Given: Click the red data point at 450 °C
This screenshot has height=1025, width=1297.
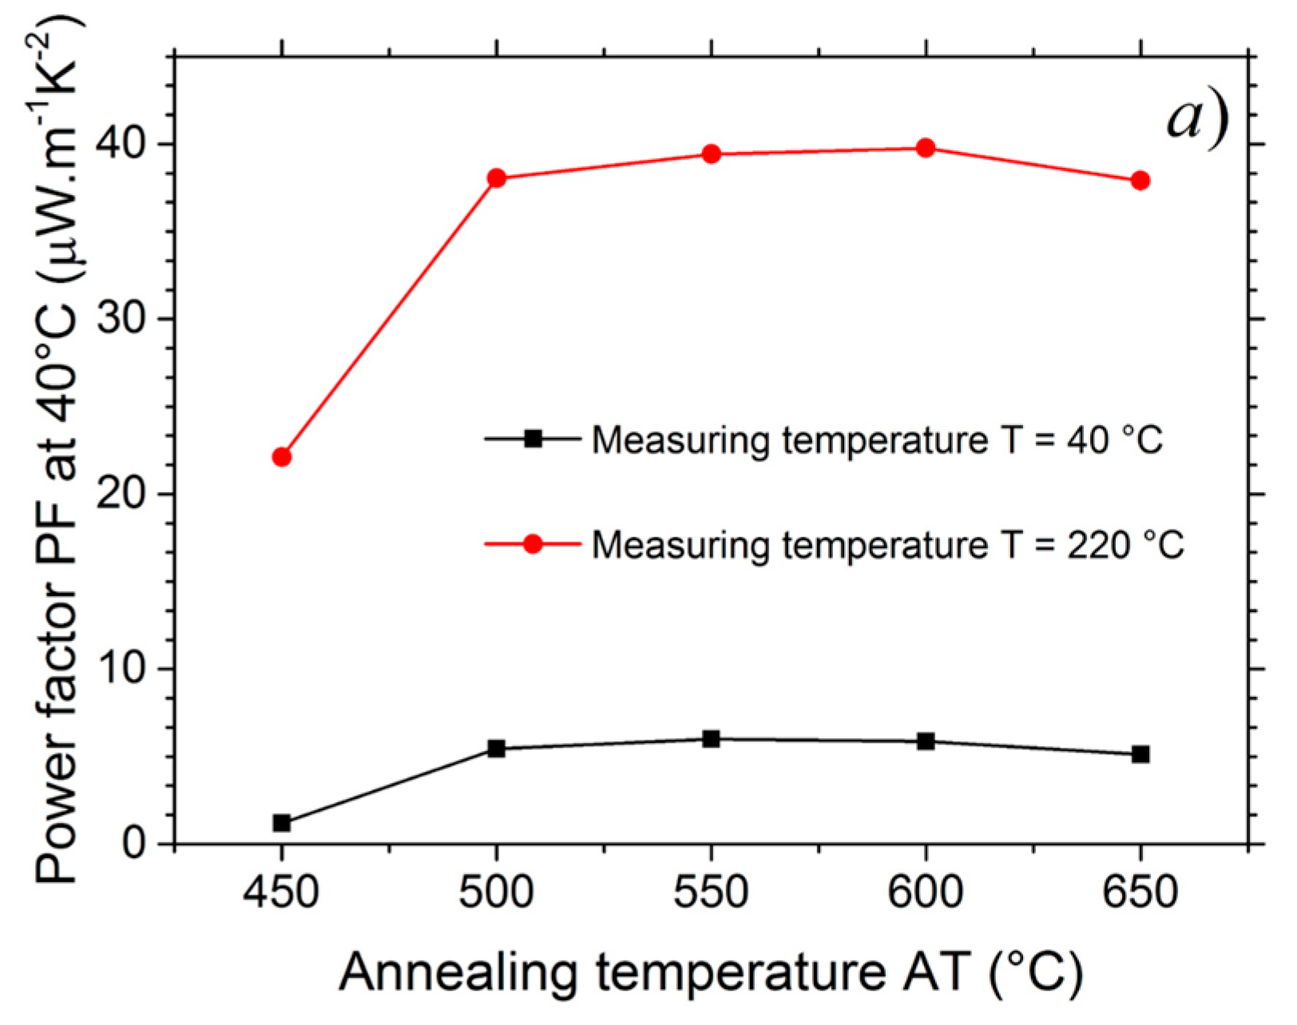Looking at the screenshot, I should click(x=281, y=457).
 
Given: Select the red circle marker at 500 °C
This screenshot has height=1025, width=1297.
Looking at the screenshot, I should click(x=496, y=177).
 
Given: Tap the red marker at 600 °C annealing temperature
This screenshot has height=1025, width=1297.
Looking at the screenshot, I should click(x=926, y=148).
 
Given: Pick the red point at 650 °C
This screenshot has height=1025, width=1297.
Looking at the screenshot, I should click(x=1140, y=181).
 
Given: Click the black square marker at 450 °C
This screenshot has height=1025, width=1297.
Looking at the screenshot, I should click(x=281, y=823).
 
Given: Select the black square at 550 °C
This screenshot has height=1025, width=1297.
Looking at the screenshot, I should click(x=711, y=739).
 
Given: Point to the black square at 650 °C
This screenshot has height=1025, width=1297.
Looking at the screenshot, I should click(x=1140, y=754).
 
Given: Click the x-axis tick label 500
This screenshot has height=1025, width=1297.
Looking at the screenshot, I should click(x=496, y=893).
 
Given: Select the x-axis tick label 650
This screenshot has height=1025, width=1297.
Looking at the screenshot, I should click(x=1140, y=893).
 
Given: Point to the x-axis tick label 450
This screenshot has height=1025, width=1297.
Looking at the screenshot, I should click(x=281, y=893).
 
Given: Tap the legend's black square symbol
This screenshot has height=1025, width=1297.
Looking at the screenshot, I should click(x=532, y=439).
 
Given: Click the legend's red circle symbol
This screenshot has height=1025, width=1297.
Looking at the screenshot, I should click(x=532, y=544).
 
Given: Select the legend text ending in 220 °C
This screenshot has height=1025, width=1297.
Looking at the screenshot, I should click(x=887, y=545).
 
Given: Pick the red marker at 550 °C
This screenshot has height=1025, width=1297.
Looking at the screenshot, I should click(x=711, y=154).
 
